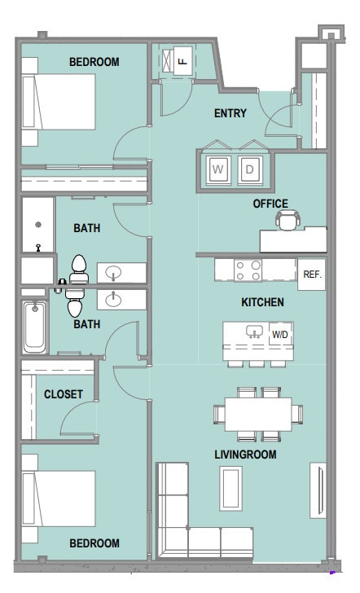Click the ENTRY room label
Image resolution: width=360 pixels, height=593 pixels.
230,113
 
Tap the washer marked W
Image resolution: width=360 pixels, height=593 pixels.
217,169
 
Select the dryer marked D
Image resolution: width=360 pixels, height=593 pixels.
249,169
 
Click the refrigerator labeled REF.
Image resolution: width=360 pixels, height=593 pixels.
312,275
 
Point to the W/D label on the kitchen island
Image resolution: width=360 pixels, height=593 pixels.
280,335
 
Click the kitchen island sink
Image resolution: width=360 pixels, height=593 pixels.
254,332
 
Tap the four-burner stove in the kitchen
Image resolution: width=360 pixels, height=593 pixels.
248,270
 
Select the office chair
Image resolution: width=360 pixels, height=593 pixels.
288,220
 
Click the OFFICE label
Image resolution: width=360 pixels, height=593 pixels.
270,204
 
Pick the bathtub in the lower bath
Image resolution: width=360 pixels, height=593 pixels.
35,327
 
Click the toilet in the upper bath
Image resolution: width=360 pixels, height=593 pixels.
79,269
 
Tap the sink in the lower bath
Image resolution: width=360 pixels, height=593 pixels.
113,300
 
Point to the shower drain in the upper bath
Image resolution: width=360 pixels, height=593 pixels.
38,225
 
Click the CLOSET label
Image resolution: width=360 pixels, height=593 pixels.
64,394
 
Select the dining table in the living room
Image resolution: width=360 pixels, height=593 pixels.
258,414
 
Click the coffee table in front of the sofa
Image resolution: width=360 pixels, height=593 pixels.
231,488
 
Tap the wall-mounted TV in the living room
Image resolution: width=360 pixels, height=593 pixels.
318,490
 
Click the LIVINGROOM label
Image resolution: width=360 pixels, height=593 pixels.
245,455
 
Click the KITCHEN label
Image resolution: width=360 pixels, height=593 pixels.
262,302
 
